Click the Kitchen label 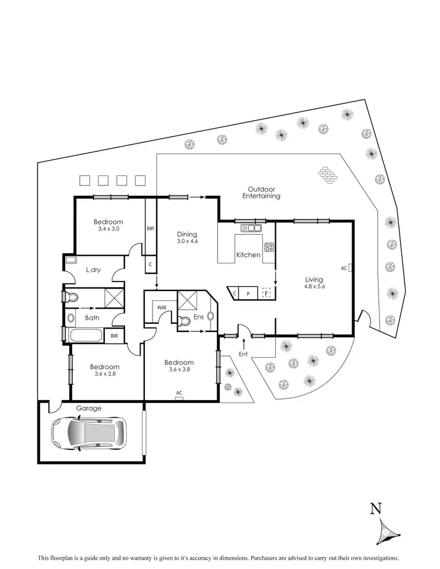point(248,255)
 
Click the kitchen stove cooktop point(269,247)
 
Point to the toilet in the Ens point(184,321)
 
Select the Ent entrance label point(243,354)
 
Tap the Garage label point(88,408)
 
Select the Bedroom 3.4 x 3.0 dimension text point(109,229)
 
